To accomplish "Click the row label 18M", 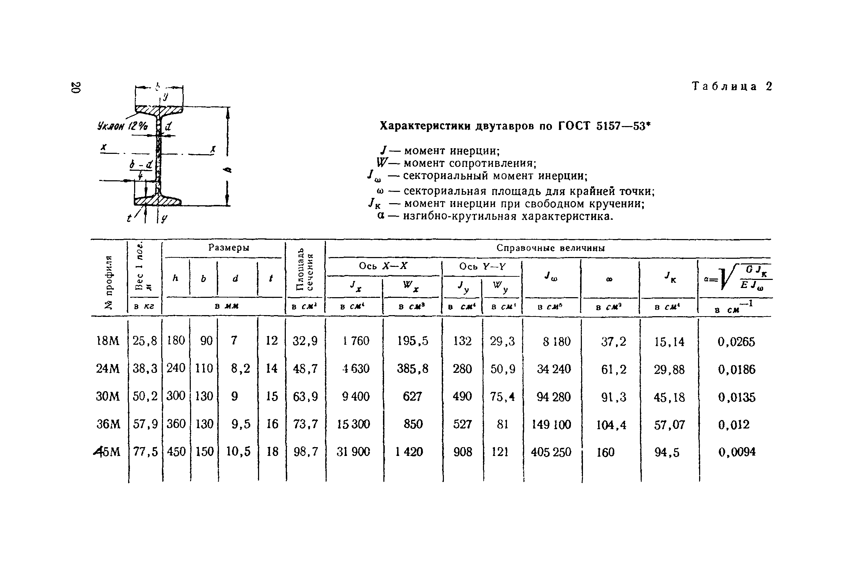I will (108, 341).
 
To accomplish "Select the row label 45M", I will (107, 452).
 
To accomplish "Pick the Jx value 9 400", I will (356, 396).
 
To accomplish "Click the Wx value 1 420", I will (409, 452).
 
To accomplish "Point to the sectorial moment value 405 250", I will (551, 452).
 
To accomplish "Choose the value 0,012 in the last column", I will (734, 424).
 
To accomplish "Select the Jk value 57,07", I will (669, 425).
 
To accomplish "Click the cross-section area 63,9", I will (305, 396).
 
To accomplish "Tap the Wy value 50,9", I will (502, 369).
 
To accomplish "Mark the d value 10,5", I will (238, 452).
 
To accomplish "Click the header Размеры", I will (229, 248).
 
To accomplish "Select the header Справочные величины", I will (551, 248).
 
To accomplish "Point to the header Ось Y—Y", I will (482, 267).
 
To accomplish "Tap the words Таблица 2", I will (731, 87).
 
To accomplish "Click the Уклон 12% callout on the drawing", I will (123, 126).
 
